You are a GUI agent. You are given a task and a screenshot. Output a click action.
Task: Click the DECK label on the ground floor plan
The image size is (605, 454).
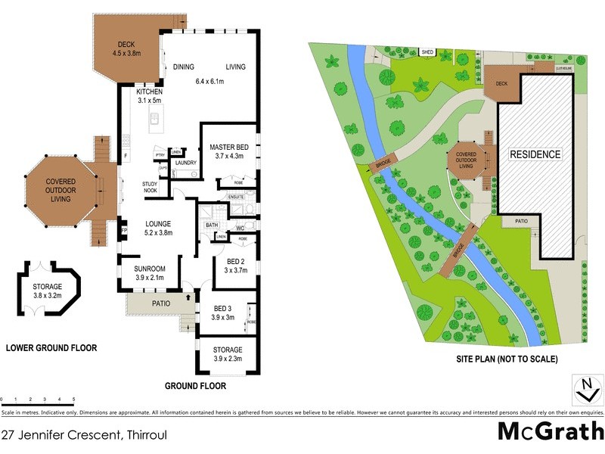coord(122,44)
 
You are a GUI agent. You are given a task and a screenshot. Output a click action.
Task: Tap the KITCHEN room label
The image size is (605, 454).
coord(149,92)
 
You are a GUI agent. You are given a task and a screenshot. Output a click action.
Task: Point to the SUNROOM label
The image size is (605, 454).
coord(150,269)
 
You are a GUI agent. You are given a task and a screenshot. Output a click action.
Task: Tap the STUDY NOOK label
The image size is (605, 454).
coord(150,188)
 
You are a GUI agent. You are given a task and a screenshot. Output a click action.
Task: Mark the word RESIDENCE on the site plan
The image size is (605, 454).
coord(535,154)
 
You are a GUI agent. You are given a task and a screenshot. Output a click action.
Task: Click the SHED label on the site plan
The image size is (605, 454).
coord(427,52)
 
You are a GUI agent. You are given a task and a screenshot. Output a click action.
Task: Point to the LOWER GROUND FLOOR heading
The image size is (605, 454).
coord(51,348)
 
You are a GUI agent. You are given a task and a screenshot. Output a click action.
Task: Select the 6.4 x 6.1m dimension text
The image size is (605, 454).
coord(216,81)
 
